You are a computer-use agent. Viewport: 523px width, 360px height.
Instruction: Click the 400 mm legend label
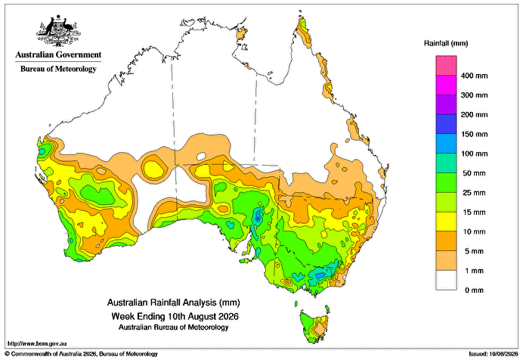(x=475, y=76)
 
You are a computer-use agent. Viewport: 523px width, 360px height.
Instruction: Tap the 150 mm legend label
(x=475, y=134)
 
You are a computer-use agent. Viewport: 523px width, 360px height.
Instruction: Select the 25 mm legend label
(x=475, y=193)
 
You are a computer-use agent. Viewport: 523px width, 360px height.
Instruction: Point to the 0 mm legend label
(x=475, y=290)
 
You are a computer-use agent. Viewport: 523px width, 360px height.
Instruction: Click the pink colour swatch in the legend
(x=446, y=66)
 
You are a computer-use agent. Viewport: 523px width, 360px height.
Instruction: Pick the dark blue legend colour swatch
(x=446, y=124)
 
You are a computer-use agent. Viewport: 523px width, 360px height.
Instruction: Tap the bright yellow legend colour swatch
(x=446, y=222)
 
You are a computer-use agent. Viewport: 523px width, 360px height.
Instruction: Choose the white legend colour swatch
(x=446, y=281)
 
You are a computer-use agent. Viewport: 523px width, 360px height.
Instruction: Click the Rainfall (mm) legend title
(x=446, y=43)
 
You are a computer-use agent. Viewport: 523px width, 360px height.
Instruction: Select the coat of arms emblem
(x=59, y=30)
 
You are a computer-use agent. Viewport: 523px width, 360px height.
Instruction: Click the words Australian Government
(x=58, y=54)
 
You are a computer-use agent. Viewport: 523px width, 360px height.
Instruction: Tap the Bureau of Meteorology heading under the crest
(x=58, y=69)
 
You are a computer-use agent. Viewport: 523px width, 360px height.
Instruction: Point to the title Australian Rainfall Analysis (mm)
(x=173, y=303)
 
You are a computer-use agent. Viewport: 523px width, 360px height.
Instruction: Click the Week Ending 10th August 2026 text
(x=175, y=316)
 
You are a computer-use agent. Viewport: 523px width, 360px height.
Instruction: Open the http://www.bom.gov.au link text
(x=37, y=343)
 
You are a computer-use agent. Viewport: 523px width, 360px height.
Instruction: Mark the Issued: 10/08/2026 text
(x=494, y=354)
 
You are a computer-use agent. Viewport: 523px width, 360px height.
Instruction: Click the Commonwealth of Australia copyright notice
(x=81, y=354)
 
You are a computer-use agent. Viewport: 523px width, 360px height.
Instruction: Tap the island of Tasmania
(x=314, y=326)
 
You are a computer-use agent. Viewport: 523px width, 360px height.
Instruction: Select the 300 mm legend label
(x=475, y=95)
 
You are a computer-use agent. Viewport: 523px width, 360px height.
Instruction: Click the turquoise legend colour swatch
(x=446, y=163)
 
